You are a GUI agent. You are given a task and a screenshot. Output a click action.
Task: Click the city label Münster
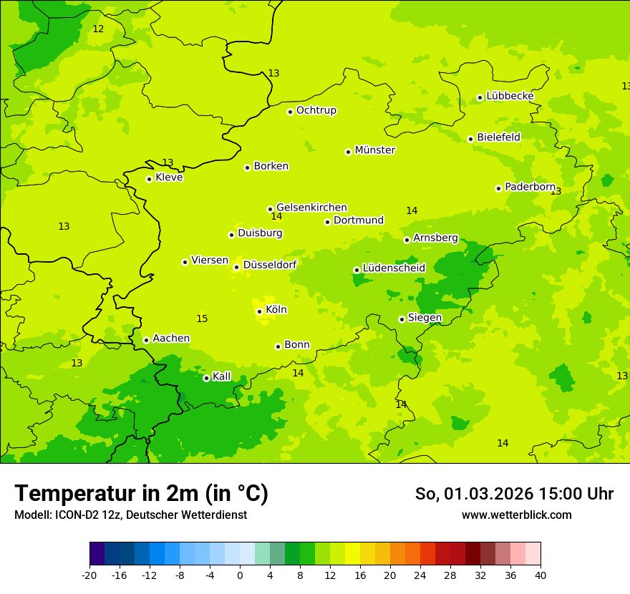374,150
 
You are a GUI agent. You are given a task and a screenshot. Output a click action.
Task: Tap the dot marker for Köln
259,311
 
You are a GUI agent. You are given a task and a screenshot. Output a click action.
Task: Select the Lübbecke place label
510,96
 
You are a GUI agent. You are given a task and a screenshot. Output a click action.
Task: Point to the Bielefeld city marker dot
470,139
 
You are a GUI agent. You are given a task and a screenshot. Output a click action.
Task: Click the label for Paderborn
530,187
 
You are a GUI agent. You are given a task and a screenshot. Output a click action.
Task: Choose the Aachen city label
171,339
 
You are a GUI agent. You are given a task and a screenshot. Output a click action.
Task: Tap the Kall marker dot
206,378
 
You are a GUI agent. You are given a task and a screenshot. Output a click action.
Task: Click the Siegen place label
425,318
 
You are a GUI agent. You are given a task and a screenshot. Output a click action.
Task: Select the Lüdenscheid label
394,268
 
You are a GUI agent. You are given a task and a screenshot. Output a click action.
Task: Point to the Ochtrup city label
316,110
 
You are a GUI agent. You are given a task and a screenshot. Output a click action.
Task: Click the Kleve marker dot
149,179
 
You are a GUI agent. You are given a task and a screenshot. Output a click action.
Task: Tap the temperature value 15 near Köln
202,318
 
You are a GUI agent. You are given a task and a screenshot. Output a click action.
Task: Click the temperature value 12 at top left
98,29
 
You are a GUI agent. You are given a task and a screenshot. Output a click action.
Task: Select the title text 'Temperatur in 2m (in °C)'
141,494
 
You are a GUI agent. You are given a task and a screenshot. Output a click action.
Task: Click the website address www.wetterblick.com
516,515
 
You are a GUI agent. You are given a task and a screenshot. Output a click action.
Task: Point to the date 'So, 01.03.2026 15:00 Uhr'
514,494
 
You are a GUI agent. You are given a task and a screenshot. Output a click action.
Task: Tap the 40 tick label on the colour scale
540,575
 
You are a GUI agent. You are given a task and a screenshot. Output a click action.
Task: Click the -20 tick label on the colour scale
89,575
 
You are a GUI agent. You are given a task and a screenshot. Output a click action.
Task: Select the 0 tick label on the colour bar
240,575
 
